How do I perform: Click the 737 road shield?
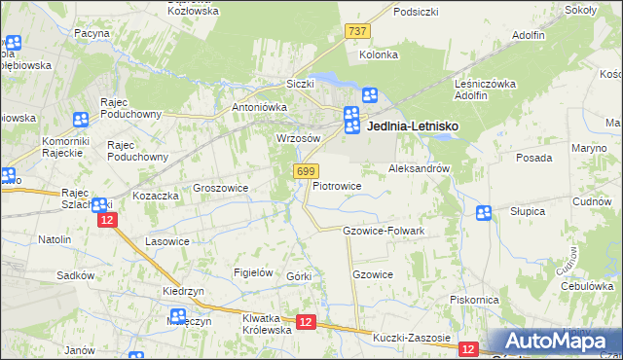click(x=357, y=31)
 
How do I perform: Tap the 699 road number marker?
click(x=304, y=170)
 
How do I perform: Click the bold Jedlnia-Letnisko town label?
click(x=412, y=126)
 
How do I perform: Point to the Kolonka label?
click(x=379, y=54)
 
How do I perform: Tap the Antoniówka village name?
click(x=257, y=107)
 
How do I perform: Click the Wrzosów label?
click(x=299, y=138)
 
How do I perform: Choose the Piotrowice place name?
click(x=338, y=185)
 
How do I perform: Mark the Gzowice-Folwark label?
click(x=385, y=231)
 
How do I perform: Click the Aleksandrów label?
click(x=419, y=167)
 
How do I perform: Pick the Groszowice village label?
click(x=221, y=188)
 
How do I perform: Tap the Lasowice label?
click(x=166, y=240)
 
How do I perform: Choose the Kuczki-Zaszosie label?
click(x=412, y=338)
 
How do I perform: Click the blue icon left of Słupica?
click(x=484, y=213)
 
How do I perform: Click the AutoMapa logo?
click(x=555, y=342)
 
